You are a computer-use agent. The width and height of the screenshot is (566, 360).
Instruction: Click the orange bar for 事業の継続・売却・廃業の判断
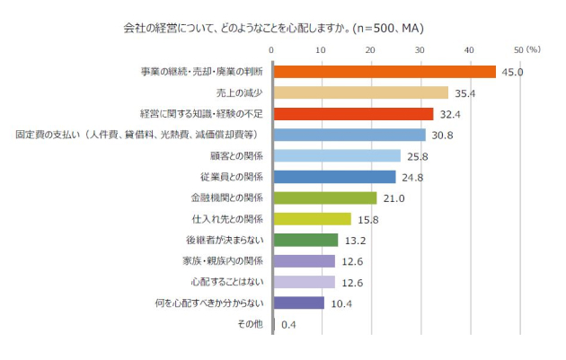point(385,72)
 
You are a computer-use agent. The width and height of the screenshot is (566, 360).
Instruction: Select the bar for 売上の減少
point(360,92)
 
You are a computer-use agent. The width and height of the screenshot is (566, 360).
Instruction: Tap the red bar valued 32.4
point(353,114)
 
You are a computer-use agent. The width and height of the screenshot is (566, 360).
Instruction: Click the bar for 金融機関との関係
point(324,198)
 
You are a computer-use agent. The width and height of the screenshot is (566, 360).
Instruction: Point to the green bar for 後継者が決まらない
point(305,240)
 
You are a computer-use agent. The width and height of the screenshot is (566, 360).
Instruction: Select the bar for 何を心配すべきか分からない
point(298,303)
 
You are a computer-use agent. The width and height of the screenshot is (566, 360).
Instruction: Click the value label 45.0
point(512,72)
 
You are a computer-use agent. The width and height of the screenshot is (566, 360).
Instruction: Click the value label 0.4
point(289,324)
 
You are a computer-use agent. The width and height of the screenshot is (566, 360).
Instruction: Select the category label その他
point(251,324)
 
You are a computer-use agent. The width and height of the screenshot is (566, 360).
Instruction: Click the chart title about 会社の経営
point(273,28)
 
